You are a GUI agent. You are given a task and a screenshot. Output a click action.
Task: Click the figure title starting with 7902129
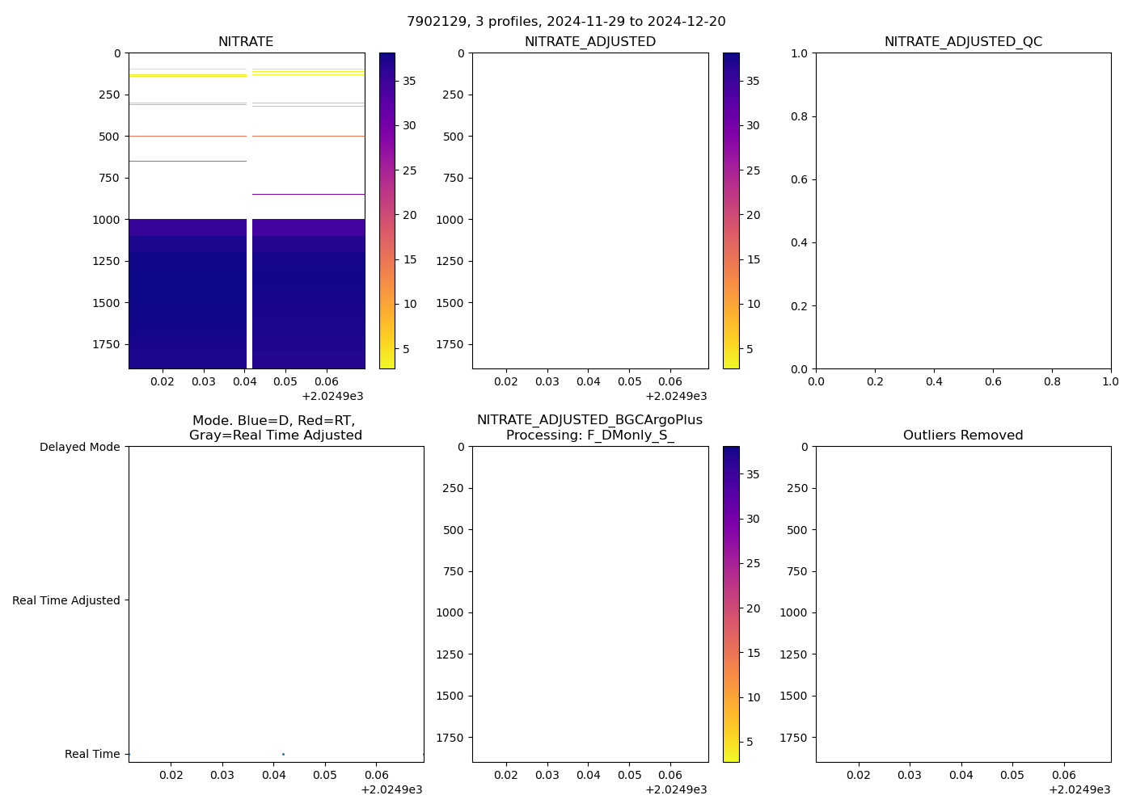click(566, 22)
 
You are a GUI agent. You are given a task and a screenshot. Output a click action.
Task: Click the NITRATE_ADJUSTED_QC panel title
click(963, 42)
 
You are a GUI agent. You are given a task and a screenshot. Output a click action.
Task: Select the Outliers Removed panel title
click(963, 436)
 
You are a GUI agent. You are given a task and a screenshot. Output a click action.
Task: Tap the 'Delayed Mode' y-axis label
click(79, 447)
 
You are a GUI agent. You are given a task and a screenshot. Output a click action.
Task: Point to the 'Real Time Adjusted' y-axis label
click(66, 600)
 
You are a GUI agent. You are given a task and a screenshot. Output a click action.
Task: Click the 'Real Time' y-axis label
click(92, 754)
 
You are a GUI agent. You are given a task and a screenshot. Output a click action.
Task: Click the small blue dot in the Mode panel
click(283, 754)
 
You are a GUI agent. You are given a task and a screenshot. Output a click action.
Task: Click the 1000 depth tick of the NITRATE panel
click(106, 220)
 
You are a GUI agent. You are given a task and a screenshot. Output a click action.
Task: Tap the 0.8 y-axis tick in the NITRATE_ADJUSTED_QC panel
click(799, 116)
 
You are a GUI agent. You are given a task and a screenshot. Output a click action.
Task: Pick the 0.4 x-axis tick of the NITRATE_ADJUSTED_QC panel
click(934, 381)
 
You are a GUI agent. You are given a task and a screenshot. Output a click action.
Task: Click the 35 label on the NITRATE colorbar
click(410, 81)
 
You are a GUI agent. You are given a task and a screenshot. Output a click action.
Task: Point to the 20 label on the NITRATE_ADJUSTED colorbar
click(754, 215)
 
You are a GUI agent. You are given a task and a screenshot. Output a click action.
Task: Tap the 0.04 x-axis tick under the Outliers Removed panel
click(961, 775)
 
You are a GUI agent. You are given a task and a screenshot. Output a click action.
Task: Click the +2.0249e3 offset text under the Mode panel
click(391, 789)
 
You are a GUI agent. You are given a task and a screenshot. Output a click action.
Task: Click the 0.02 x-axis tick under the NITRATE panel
click(163, 381)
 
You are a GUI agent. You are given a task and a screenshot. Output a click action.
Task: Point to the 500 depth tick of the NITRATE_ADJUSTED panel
click(454, 137)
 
